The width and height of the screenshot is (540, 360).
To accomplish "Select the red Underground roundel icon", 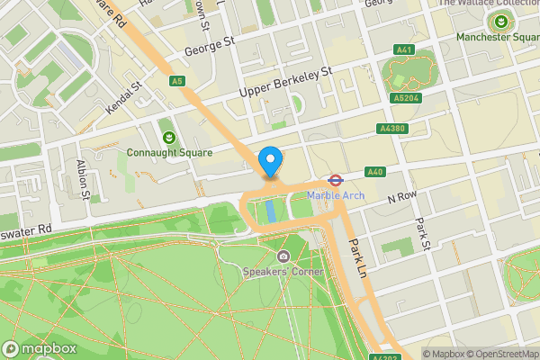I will pyautogui.click(x=333, y=180).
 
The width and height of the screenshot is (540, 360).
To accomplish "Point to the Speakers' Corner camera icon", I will pyautogui.click(x=283, y=256).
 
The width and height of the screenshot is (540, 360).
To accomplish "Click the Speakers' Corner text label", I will pyautogui.click(x=283, y=271).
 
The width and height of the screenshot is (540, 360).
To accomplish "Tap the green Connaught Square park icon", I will pyautogui.click(x=169, y=137).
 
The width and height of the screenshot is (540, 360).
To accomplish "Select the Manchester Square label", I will pyautogui.click(x=497, y=37).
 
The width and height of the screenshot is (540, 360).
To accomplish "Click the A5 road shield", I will pyautogui.click(x=177, y=82).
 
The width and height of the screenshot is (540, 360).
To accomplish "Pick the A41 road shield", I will pyautogui.click(x=405, y=49).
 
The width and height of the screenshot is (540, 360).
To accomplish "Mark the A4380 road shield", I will pyautogui.click(x=392, y=129).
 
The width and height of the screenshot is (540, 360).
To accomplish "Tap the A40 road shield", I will pyautogui.click(x=375, y=172).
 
